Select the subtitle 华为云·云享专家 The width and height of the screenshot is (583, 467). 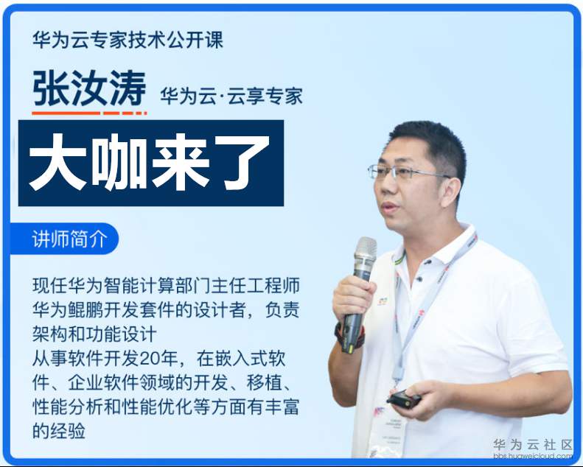pyautogui.click(x=231, y=96)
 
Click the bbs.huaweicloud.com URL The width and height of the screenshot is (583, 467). pyautogui.click(x=532, y=457)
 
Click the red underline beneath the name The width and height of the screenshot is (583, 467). pyautogui.click(x=89, y=113)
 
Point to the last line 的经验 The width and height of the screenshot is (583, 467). pyautogui.click(x=60, y=430)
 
